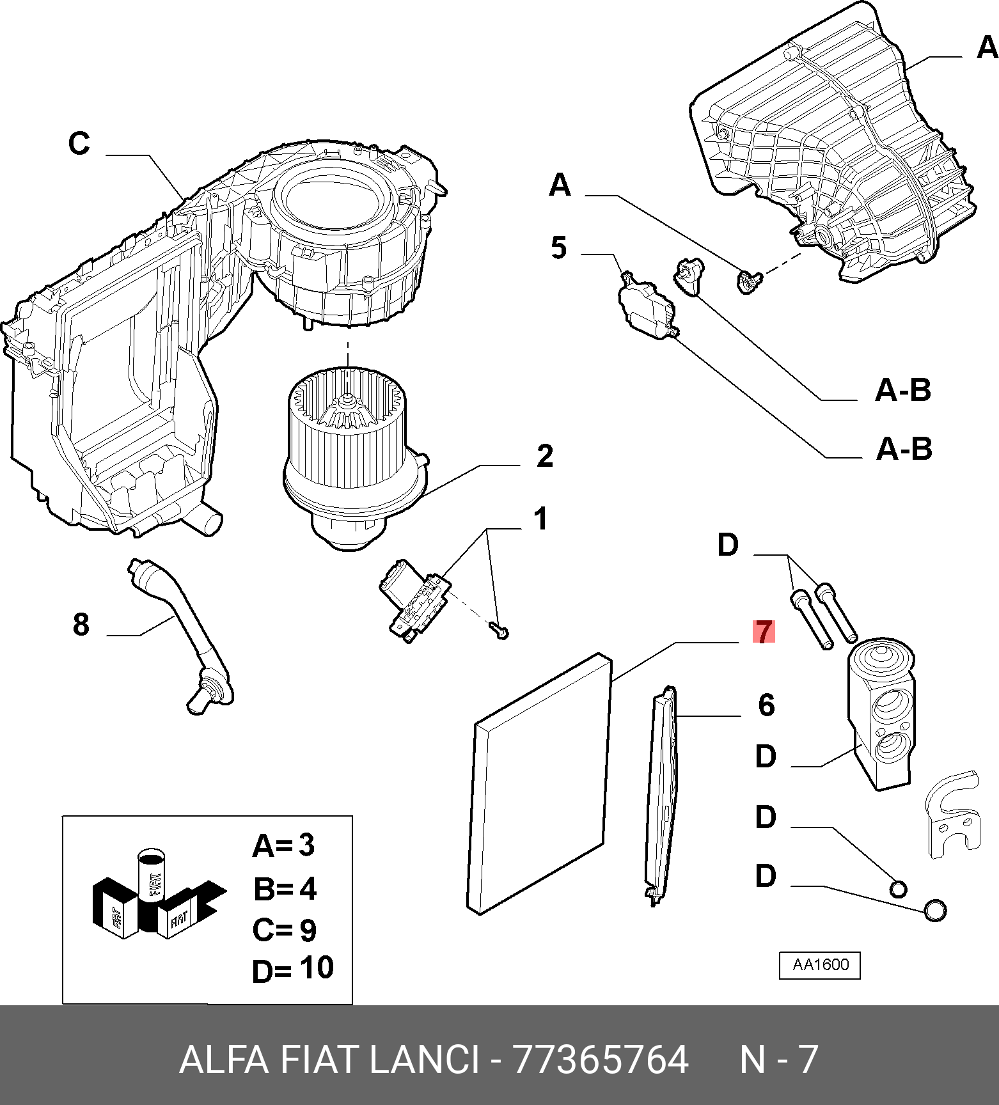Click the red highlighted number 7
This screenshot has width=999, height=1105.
[764, 632]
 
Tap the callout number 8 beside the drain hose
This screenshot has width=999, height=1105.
[81, 624]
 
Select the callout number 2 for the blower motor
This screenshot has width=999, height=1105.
[544, 456]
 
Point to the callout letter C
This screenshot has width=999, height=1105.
[79, 143]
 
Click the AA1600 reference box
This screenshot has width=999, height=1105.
[820, 965]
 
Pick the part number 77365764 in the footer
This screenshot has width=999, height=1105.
[601, 1060]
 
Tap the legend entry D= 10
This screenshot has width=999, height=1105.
[292, 969]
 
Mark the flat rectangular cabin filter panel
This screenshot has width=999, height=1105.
[539, 783]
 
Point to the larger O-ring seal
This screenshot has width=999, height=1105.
[935, 909]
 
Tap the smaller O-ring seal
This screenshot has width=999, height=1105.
[898, 889]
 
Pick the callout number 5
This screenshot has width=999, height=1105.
[558, 247]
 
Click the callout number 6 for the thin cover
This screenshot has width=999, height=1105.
[766, 705]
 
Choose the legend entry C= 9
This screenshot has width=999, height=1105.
[284, 930]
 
